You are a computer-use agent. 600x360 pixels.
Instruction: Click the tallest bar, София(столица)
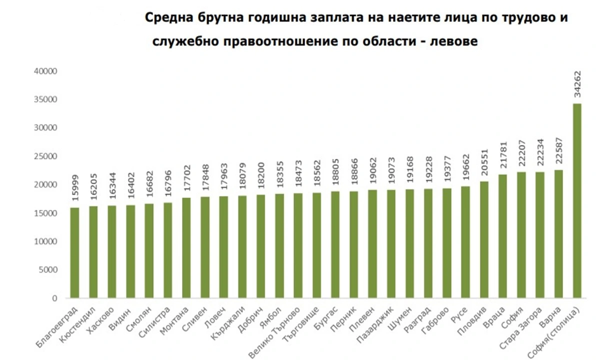577,200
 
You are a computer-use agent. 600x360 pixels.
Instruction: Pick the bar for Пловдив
484,239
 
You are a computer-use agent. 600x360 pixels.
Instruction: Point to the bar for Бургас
335,244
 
